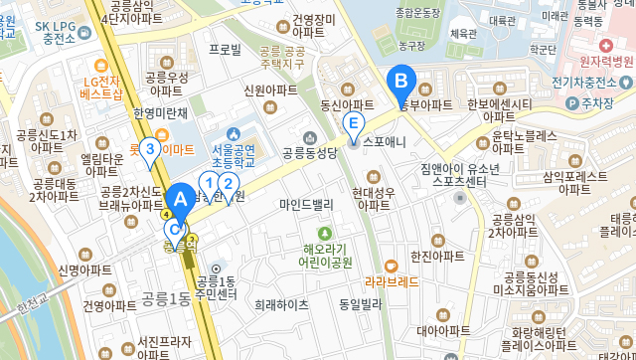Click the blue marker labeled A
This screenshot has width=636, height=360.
pyautogui.click(x=181, y=199)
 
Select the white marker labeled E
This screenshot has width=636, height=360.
pyautogui.click(x=352, y=124)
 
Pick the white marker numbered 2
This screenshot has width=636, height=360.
pyautogui.click(x=228, y=184)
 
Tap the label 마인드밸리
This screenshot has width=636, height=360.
pyautogui.click(x=306, y=205)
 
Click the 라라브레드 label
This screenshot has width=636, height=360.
pyautogui.click(x=392, y=281)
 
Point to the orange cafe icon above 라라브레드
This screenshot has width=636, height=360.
pyautogui.click(x=391, y=266)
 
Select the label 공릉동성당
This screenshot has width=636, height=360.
pyautogui.click(x=309, y=152)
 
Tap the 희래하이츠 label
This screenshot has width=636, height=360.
pyautogui.click(x=281, y=304)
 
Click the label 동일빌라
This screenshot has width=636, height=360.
pyautogui.click(x=361, y=304)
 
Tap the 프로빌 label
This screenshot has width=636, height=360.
pyautogui.click(x=225, y=48)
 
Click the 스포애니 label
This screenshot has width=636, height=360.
pyautogui.click(x=385, y=141)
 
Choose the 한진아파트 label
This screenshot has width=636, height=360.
pyautogui.click(x=437, y=256)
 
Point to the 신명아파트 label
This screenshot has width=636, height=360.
pyautogui.click(x=84, y=270)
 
